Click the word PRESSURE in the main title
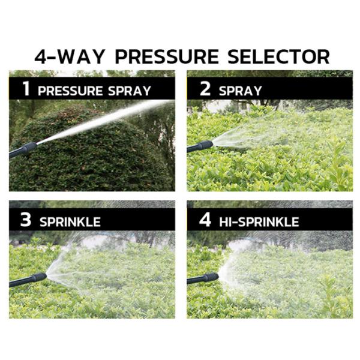(x=167, y=56)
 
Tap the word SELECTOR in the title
(x=279, y=56)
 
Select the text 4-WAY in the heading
(x=70, y=56)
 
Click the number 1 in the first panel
(x=26, y=88)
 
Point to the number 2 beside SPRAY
(x=205, y=88)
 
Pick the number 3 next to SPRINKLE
(x=25, y=220)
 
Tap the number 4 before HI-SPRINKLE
(x=205, y=220)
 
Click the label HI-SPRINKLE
(x=259, y=222)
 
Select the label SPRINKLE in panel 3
(x=70, y=222)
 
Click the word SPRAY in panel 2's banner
(x=241, y=91)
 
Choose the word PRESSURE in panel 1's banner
(x=70, y=91)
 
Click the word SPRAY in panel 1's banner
(x=130, y=91)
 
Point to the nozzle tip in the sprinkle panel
(x=46, y=275)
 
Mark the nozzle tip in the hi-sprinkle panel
(x=218, y=276)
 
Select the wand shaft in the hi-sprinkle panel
(x=196, y=280)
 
